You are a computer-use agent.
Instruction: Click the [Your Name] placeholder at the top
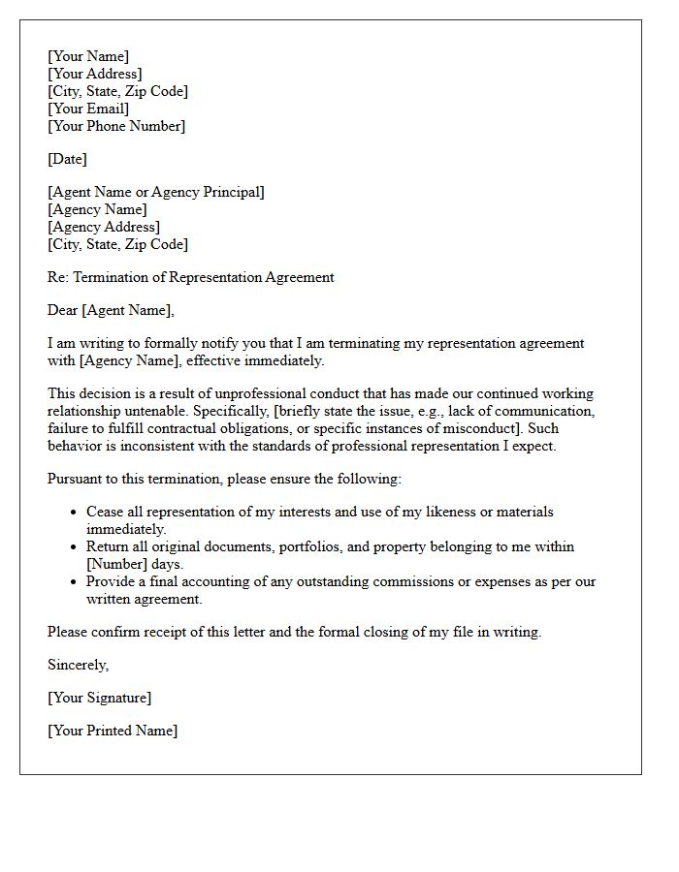click(88, 56)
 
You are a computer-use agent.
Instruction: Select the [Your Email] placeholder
click(88, 109)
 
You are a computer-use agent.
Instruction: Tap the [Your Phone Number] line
click(116, 126)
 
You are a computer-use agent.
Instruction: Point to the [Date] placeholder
click(67, 159)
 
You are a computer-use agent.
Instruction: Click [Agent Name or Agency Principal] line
click(156, 192)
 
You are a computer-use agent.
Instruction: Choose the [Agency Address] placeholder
click(104, 227)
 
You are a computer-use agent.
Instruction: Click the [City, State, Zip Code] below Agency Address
click(117, 244)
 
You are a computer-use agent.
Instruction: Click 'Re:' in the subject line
click(58, 277)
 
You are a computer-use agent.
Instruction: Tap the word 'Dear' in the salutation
click(63, 310)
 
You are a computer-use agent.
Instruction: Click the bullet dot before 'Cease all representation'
click(75, 513)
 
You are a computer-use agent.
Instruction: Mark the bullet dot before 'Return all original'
click(75, 547)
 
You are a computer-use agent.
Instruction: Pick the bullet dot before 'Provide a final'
click(75, 582)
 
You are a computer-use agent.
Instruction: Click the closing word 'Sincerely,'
click(79, 665)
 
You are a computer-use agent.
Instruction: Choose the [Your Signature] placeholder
click(99, 698)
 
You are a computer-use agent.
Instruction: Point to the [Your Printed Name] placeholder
click(113, 731)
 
